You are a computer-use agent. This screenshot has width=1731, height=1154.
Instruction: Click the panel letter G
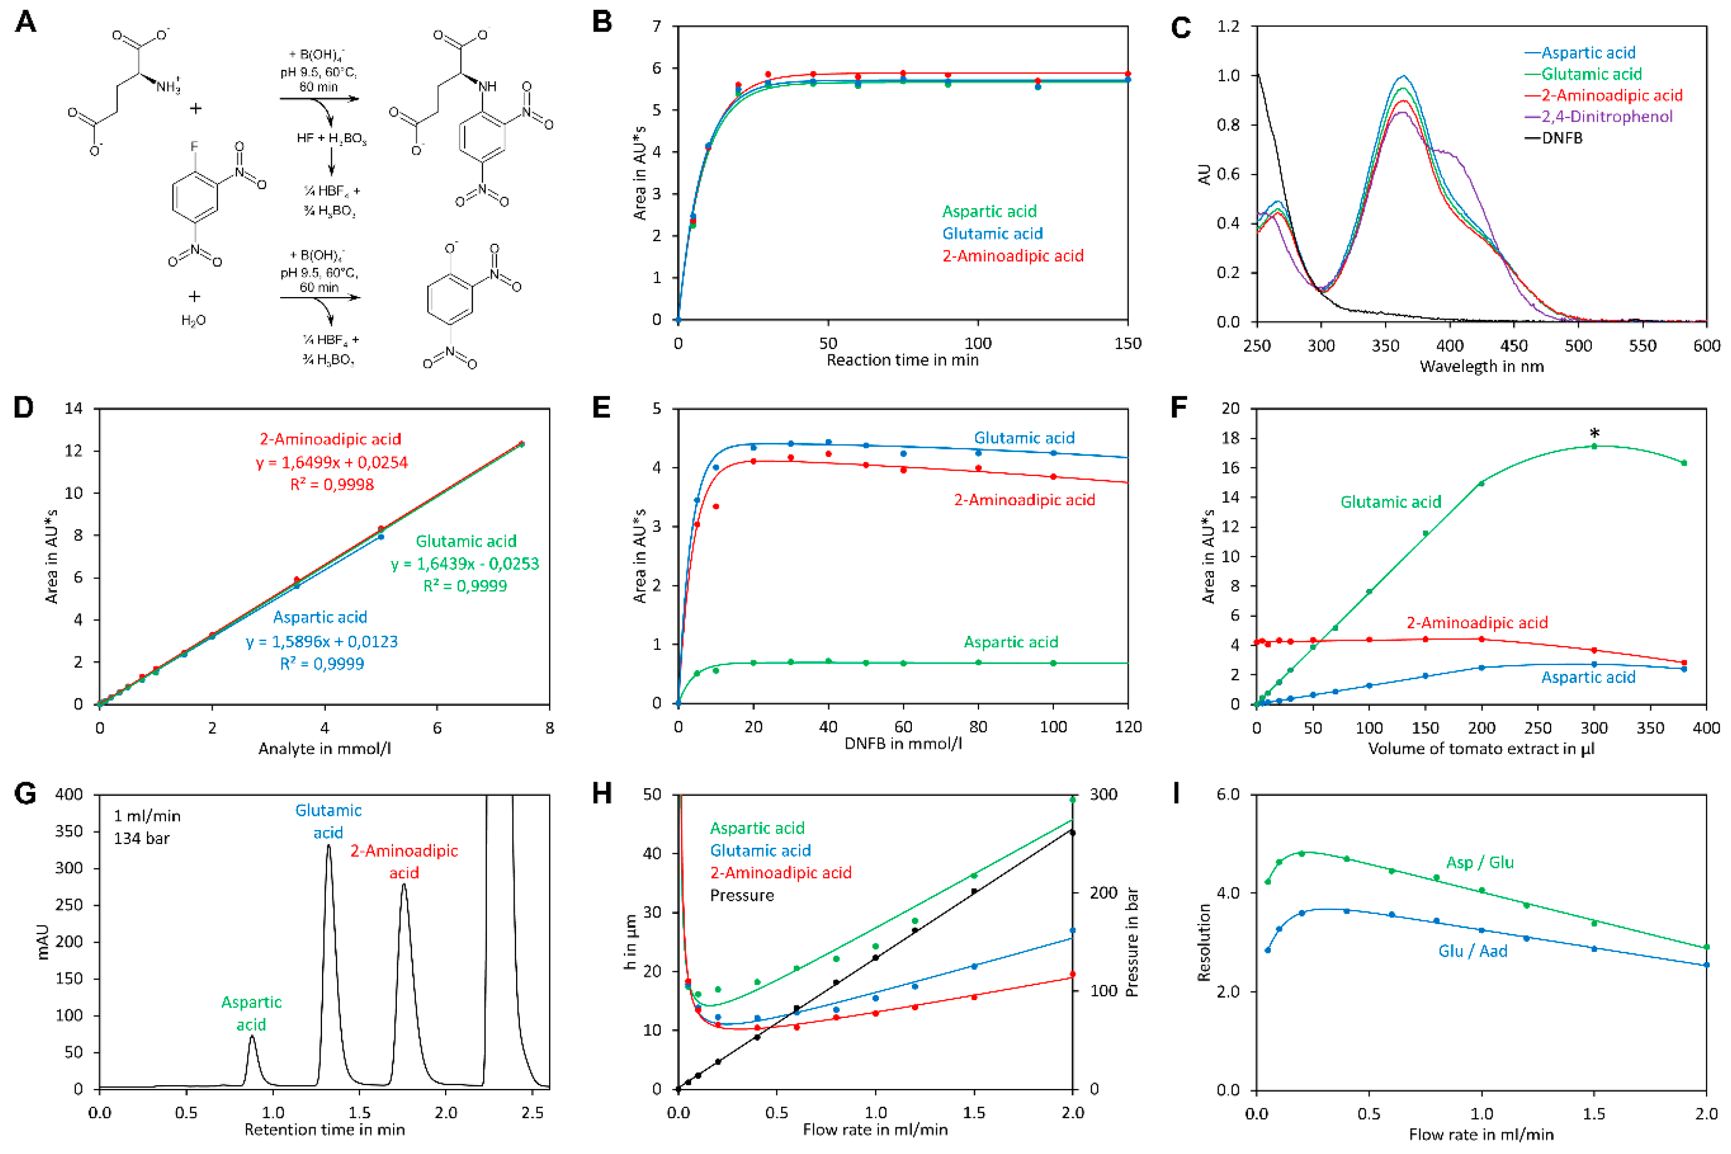point(25,795)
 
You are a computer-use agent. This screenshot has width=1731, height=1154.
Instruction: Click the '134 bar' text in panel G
point(141,839)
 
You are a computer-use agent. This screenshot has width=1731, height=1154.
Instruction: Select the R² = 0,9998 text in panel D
point(332,484)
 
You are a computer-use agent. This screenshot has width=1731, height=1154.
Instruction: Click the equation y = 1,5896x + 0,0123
point(321,641)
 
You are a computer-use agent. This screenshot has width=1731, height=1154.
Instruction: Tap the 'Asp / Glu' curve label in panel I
point(1479,862)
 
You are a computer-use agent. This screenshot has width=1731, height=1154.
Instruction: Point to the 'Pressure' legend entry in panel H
point(742,895)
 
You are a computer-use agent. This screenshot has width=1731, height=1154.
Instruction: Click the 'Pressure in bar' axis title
point(1132,942)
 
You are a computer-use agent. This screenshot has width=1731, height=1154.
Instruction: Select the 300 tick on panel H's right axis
point(1103,794)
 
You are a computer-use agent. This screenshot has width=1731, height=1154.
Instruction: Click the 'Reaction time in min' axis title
point(902,360)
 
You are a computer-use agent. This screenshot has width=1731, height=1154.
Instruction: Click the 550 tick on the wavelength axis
point(1642,345)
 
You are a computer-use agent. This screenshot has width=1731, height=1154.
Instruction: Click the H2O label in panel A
point(194,320)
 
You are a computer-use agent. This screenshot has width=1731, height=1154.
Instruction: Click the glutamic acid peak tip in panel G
point(328,846)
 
